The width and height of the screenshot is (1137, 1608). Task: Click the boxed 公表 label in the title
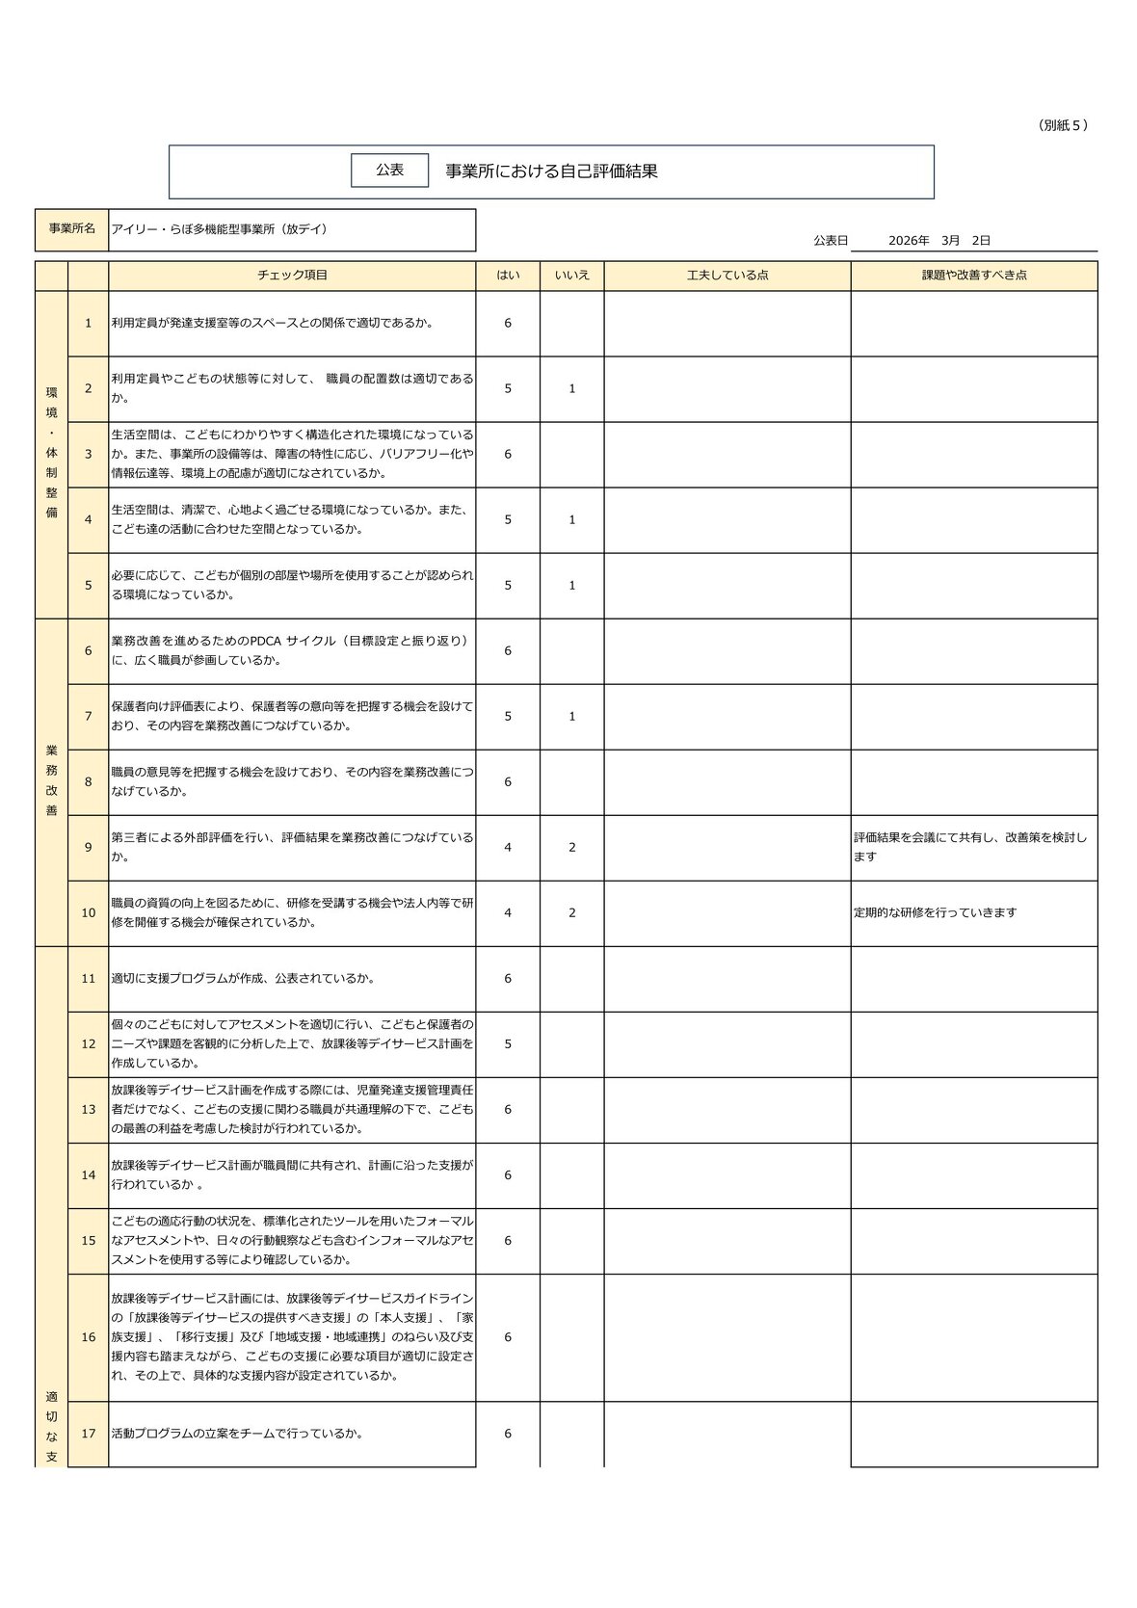point(389,171)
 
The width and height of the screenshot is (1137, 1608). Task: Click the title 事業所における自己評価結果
point(551,171)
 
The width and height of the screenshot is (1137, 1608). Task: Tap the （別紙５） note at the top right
point(1064,125)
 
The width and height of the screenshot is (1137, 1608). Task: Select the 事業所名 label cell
point(72,229)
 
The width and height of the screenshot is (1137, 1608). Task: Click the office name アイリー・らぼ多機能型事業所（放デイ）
point(220,229)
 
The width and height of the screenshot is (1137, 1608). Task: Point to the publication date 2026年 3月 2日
point(939,240)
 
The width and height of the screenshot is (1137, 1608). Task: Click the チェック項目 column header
point(292,276)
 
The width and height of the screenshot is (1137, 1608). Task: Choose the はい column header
point(508,276)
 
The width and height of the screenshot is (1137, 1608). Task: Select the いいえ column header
point(571,276)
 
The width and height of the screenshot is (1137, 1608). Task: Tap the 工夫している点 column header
point(727,276)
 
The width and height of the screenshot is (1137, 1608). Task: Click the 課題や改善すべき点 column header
point(974,276)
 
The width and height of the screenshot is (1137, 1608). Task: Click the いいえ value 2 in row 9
point(571,848)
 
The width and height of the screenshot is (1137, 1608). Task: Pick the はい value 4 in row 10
point(508,913)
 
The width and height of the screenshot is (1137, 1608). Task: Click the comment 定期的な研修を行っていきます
point(935,913)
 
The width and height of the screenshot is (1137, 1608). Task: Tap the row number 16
point(89,1337)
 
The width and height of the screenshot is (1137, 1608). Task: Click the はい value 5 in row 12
point(508,1044)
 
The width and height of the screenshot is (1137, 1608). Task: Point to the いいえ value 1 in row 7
point(571,717)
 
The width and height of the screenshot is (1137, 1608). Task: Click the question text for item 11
point(243,979)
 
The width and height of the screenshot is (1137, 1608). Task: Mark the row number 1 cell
point(89,324)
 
